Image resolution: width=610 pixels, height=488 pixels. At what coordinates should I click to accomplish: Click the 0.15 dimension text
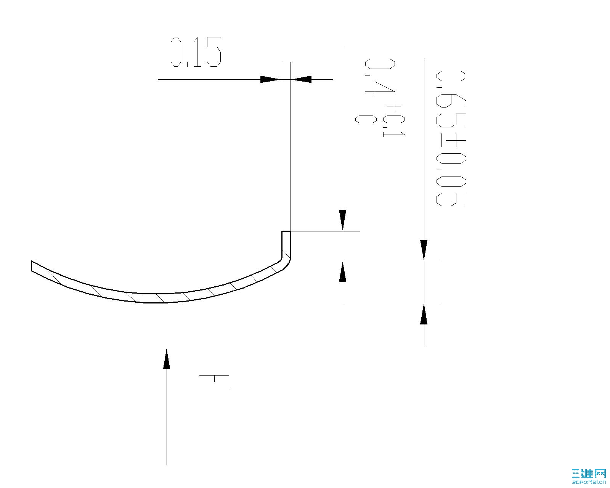pyautogui.click(x=196, y=52)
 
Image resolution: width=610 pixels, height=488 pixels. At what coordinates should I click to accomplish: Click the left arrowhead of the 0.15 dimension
pyautogui.click(x=270, y=79)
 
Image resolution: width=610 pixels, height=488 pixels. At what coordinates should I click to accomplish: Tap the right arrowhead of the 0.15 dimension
pyautogui.click(x=302, y=79)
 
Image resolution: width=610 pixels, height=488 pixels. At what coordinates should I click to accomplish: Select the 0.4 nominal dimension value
pyautogui.click(x=380, y=77)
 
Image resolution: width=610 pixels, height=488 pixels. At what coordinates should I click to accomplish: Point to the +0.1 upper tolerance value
pyautogui.click(x=393, y=120)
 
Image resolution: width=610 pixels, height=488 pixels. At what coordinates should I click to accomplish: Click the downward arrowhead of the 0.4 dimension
pyautogui.click(x=343, y=220)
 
